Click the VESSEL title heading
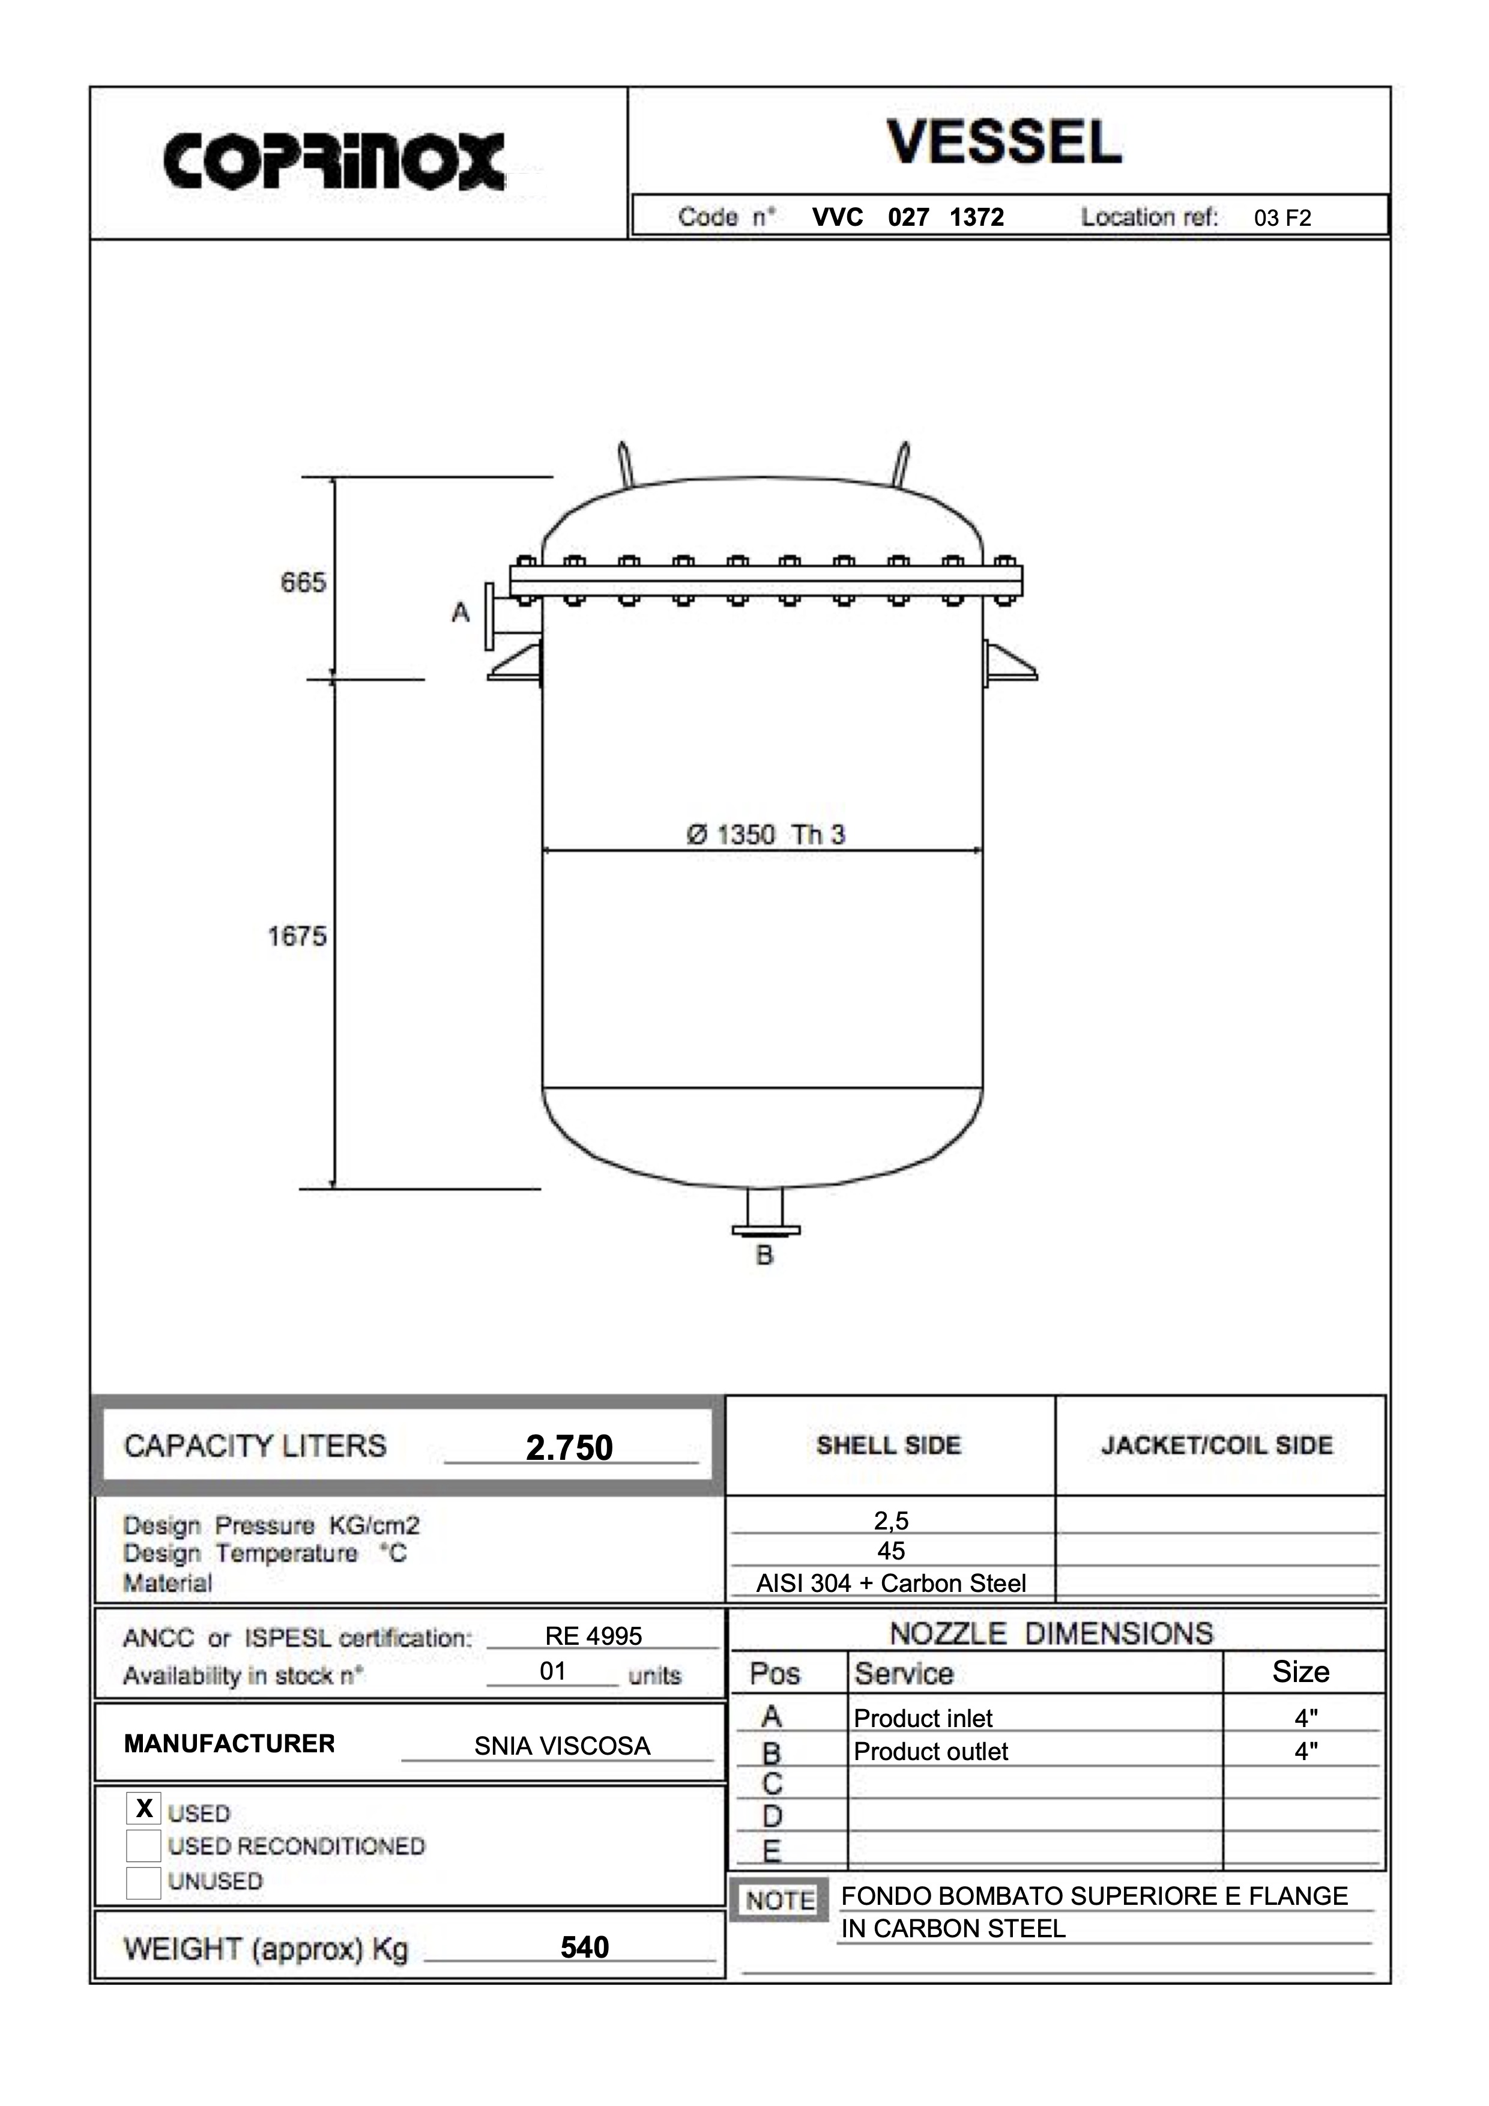pos(1004,142)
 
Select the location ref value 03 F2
pos(1282,219)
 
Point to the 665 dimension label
pos(303,582)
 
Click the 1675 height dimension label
pos(297,937)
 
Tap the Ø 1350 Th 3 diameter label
pos(766,835)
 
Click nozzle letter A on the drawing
pos(461,612)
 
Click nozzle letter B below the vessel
pos(765,1256)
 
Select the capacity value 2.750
pos(569,1447)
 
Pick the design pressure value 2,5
pos(890,1520)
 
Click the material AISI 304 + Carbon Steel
pos(890,1583)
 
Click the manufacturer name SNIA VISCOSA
pos(562,1746)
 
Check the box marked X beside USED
pos(144,1808)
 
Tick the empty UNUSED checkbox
pos(144,1882)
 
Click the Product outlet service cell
pos(931,1752)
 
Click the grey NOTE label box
pos(781,1901)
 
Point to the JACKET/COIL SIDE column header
pos(1216,1445)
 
